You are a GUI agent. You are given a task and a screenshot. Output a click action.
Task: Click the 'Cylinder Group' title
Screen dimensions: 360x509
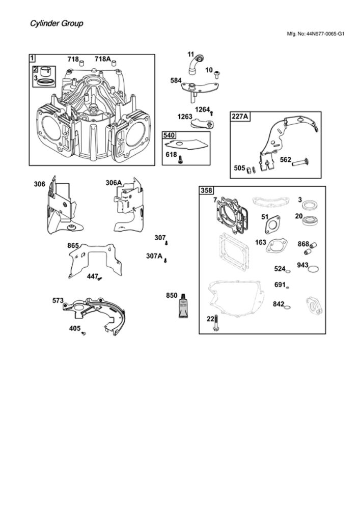[x=57, y=24]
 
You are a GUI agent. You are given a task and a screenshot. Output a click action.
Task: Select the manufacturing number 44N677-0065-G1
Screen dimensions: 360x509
[x=325, y=34]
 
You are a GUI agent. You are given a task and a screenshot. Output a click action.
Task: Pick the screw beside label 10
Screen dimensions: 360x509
[x=217, y=74]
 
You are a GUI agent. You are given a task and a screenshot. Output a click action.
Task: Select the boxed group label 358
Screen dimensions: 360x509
[x=206, y=190]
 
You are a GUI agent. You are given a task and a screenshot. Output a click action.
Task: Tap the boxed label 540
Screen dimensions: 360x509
[x=169, y=135]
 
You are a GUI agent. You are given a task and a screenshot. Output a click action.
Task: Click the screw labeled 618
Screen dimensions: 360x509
[x=180, y=159]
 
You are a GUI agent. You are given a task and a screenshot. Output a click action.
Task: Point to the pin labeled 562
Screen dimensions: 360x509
[x=299, y=162]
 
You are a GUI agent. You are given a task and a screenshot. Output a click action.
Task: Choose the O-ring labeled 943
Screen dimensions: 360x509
[x=313, y=269]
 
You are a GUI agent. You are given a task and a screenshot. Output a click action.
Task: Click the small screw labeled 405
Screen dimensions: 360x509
[x=84, y=333]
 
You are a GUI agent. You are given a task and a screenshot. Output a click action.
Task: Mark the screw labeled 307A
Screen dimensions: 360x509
[x=165, y=260]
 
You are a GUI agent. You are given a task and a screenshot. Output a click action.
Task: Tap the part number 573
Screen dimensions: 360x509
[x=58, y=301]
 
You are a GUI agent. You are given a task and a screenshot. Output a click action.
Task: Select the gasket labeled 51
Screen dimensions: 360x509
[x=272, y=224]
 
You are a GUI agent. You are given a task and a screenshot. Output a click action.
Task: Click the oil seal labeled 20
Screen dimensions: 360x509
[x=310, y=221]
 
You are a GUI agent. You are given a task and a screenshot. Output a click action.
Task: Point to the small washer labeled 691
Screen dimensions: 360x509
[x=287, y=287]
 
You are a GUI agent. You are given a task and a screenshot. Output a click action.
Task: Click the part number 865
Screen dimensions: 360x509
[x=73, y=246]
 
